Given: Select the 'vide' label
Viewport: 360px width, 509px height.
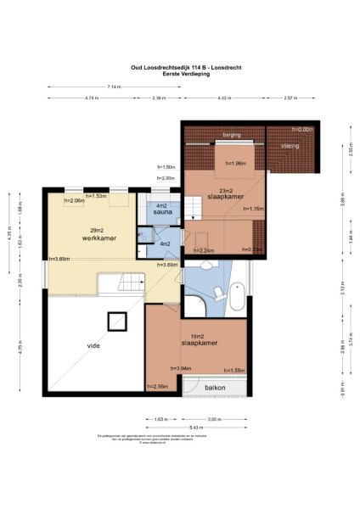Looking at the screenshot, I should point(94,345).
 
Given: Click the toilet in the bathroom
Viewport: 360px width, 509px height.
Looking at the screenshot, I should point(217,293).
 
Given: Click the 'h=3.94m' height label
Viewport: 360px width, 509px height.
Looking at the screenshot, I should point(182,368).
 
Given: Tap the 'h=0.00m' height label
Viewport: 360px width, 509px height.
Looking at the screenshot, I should point(301,129).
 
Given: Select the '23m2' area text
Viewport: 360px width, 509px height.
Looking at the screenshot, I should point(225,189).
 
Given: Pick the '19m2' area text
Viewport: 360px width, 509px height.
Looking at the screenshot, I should point(199,336).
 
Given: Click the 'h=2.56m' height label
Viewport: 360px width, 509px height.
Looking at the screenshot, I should point(158,387).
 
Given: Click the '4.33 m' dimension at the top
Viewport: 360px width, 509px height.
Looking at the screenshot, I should point(223,98).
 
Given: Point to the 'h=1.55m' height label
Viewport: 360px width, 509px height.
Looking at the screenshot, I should point(234,371).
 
